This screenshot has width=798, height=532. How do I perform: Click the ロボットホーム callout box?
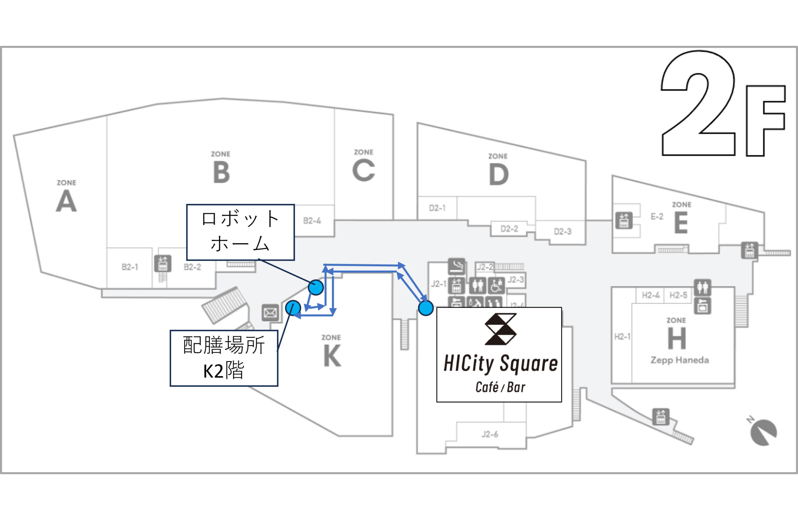[240, 232]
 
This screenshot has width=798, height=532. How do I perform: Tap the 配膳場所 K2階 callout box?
[224, 358]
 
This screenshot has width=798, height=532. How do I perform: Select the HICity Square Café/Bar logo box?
[499, 355]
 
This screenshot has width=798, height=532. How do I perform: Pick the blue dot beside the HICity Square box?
[425, 308]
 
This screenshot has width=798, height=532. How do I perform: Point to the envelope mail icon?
[270, 312]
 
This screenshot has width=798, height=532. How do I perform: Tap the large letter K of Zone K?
[332, 355]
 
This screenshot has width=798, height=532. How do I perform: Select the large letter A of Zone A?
[66, 201]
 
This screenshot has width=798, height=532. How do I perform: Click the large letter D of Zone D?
[498, 174]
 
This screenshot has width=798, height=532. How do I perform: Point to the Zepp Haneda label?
[679, 360]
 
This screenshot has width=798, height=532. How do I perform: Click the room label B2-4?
[312, 221]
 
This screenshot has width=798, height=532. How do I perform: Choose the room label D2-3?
[563, 232]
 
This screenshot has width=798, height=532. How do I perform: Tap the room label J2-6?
[490, 434]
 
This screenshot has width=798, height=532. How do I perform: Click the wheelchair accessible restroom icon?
[496, 285]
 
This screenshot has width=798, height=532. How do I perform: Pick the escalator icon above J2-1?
[456, 266]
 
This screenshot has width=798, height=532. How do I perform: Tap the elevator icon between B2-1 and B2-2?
[163, 264]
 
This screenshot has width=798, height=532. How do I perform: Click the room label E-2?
[656, 216]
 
